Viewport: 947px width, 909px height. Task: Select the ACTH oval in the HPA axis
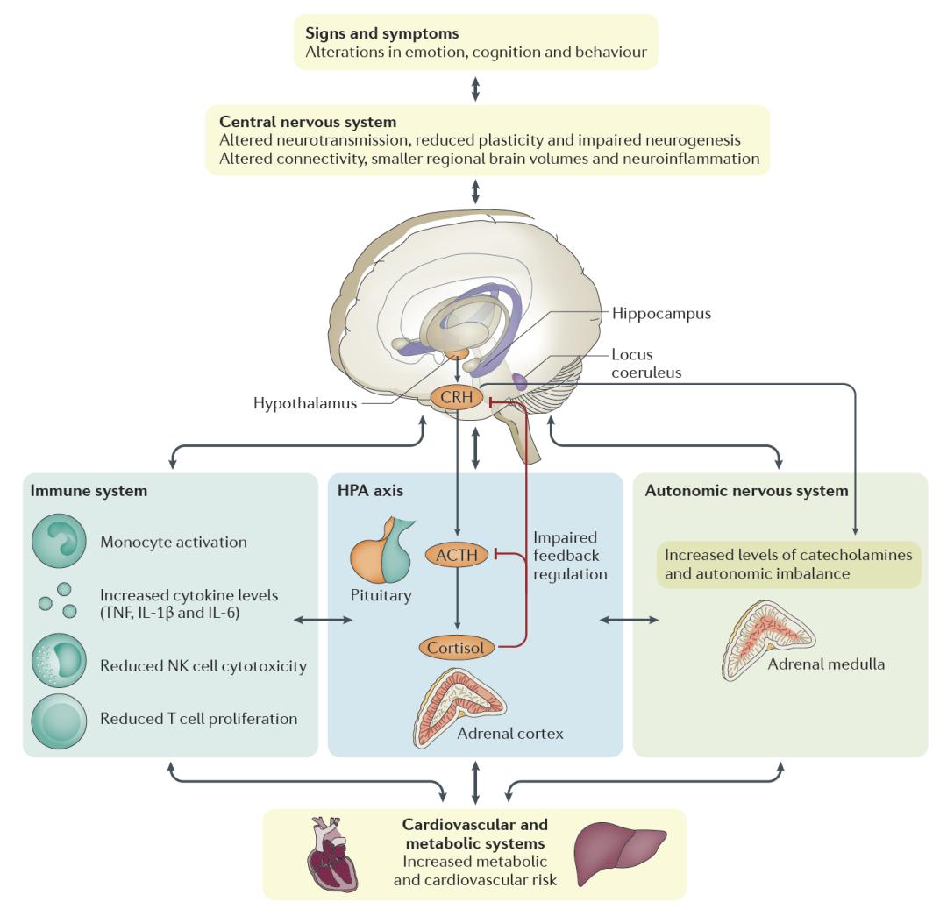[x=455, y=554]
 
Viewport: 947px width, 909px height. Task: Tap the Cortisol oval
[x=455, y=648]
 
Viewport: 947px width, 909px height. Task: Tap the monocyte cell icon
[x=59, y=541]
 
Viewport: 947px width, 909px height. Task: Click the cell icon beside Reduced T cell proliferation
[x=59, y=719]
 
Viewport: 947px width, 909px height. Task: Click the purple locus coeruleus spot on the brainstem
[x=517, y=382]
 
